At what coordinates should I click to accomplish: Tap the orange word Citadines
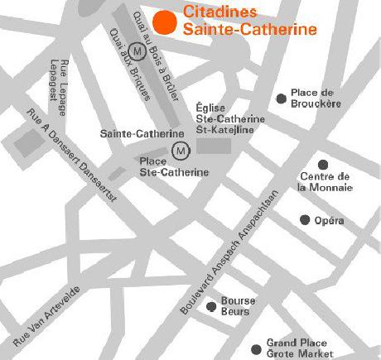[x=219, y=13]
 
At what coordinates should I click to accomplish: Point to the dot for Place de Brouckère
[x=282, y=98]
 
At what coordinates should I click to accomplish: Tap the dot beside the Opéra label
[x=306, y=219]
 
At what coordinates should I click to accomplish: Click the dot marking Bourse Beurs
[x=213, y=303]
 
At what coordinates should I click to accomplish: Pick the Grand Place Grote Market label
[x=297, y=348]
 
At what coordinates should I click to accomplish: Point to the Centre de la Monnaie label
[x=326, y=183]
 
